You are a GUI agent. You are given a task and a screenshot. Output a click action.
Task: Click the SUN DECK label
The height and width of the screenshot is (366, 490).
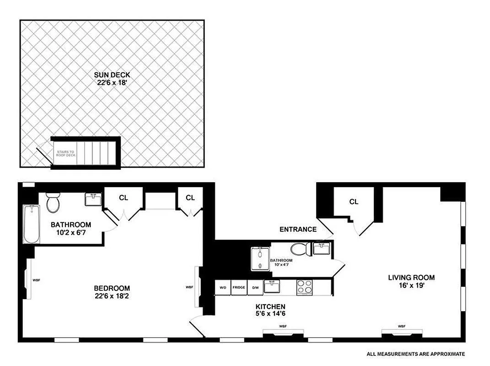[x=112, y=75]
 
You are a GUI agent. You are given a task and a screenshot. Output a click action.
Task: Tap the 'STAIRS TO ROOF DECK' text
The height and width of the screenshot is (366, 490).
[x=65, y=153]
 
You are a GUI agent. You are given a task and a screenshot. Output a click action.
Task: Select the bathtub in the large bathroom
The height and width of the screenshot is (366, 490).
[x=31, y=224]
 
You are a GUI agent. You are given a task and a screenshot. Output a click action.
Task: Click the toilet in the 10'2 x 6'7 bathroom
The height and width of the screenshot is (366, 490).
[x=53, y=203]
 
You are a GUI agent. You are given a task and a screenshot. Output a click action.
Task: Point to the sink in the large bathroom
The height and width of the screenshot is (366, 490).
[x=93, y=199]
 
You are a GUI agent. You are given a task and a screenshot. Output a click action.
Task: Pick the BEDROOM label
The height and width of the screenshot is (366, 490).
[x=112, y=288]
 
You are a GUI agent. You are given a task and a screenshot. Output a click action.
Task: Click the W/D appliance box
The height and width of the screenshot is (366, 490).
[x=223, y=288]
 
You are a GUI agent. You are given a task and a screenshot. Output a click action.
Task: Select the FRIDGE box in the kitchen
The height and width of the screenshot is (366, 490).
[x=239, y=288]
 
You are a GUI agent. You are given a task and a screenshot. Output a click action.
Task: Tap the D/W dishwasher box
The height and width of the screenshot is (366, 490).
[x=255, y=288]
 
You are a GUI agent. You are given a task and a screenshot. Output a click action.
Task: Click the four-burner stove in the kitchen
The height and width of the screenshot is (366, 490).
[x=304, y=287]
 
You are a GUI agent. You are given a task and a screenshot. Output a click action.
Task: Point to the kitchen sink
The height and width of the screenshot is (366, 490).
[x=272, y=286]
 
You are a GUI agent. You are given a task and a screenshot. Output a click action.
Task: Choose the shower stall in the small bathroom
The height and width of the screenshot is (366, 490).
[x=260, y=259]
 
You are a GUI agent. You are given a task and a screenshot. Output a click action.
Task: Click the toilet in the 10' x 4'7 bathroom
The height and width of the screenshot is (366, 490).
[x=301, y=249]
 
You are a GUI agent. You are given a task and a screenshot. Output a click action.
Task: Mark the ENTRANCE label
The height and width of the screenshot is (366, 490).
[x=298, y=229]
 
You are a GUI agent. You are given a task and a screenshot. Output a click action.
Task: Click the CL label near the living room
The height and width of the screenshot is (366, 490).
[x=354, y=202]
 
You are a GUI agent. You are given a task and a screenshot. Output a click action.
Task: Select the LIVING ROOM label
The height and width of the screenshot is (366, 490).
[x=411, y=278]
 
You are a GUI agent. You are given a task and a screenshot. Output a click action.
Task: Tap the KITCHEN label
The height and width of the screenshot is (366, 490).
[x=270, y=307]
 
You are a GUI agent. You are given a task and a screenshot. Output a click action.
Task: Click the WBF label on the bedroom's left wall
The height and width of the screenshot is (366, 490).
[x=37, y=280]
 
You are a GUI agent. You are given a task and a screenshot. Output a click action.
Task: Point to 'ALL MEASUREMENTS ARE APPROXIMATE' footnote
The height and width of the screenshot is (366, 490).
[x=415, y=354]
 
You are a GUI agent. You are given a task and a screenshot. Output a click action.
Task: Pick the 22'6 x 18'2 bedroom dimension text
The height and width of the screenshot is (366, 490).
[x=112, y=296]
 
